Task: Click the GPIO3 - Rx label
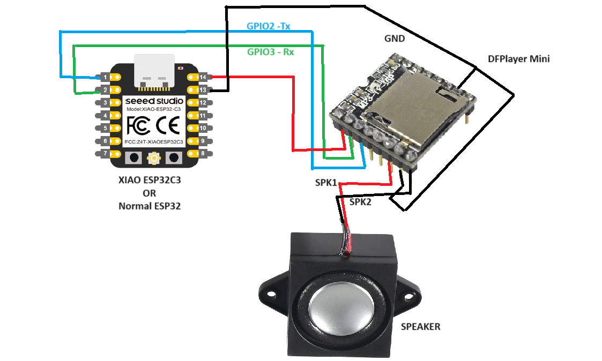pyautogui.click(x=271, y=52)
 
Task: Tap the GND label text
pyautogui.click(x=395, y=39)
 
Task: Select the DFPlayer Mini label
pyautogui.click(x=519, y=59)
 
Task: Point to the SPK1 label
pyautogui.click(x=326, y=183)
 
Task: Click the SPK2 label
pyautogui.click(x=360, y=202)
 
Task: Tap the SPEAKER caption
pyautogui.click(x=421, y=326)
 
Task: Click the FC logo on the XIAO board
pyautogui.click(x=137, y=126)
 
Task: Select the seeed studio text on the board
pyautogui.click(x=154, y=101)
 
